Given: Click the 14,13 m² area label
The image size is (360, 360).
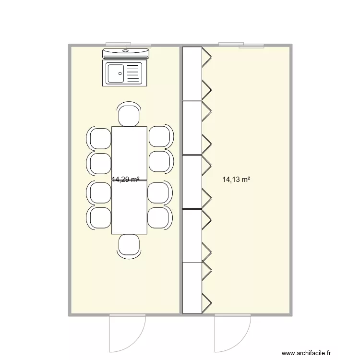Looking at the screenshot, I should (237, 180).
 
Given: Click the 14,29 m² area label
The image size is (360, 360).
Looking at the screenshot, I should (126, 180).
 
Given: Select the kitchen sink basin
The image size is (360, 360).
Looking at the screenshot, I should (115, 73).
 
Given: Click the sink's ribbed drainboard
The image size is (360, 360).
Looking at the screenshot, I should (134, 73).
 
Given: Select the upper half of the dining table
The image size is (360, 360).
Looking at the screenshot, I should (129, 153).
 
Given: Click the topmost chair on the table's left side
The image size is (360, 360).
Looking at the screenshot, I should (100, 137).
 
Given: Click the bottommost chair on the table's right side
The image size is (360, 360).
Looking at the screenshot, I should (158, 217).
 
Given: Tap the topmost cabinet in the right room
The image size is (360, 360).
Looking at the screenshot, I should (192, 73).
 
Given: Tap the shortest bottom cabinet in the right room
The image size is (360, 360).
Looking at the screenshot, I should (192, 288).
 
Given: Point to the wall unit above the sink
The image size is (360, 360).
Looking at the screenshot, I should (126, 53).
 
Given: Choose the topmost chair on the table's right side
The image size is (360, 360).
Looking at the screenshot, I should (158, 137).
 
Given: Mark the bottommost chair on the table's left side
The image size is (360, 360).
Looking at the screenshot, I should (100, 217).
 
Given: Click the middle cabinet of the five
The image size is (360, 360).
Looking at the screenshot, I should (192, 182).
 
